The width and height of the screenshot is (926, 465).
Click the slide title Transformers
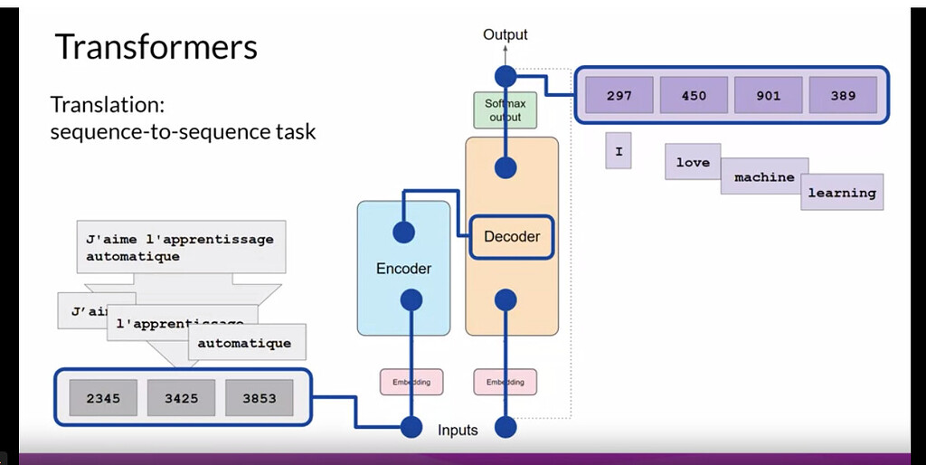click(x=156, y=47)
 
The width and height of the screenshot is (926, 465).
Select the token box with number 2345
click(x=104, y=398)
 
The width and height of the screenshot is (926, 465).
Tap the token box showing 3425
click(x=181, y=398)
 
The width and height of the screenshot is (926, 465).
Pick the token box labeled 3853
click(x=259, y=398)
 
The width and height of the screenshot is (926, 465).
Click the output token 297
click(x=619, y=95)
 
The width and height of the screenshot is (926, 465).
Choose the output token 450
click(x=694, y=95)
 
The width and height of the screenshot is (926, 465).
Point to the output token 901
click(x=768, y=95)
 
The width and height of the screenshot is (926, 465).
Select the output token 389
click(x=843, y=95)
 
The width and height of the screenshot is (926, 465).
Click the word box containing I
click(x=619, y=151)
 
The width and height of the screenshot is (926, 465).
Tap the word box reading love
click(x=693, y=162)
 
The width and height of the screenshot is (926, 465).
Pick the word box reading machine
click(x=764, y=177)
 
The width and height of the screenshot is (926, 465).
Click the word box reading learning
click(x=842, y=193)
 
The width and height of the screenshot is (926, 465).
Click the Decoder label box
click(x=512, y=237)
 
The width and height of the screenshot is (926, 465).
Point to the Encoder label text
click(x=403, y=269)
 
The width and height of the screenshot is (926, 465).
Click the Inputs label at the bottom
click(x=458, y=430)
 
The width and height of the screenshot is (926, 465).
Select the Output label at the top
click(x=505, y=35)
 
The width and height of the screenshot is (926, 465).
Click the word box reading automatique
click(x=244, y=344)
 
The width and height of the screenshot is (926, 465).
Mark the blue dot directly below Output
click(x=506, y=76)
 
